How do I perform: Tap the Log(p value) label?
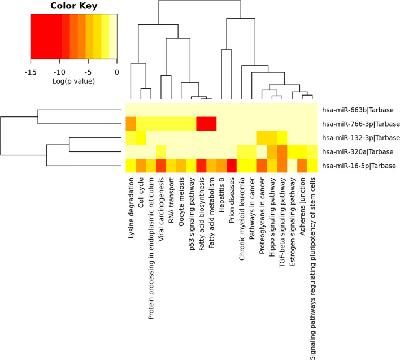(x=73, y=81)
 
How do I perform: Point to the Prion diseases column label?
(x=232, y=202)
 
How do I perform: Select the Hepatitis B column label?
(x=222, y=195)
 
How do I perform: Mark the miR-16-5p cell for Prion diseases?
(x=232, y=166)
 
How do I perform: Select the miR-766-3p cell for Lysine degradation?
(x=131, y=123)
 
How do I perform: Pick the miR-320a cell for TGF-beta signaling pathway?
(x=282, y=151)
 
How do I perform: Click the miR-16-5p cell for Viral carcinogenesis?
(x=161, y=166)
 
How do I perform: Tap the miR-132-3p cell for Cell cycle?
(x=141, y=137)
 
